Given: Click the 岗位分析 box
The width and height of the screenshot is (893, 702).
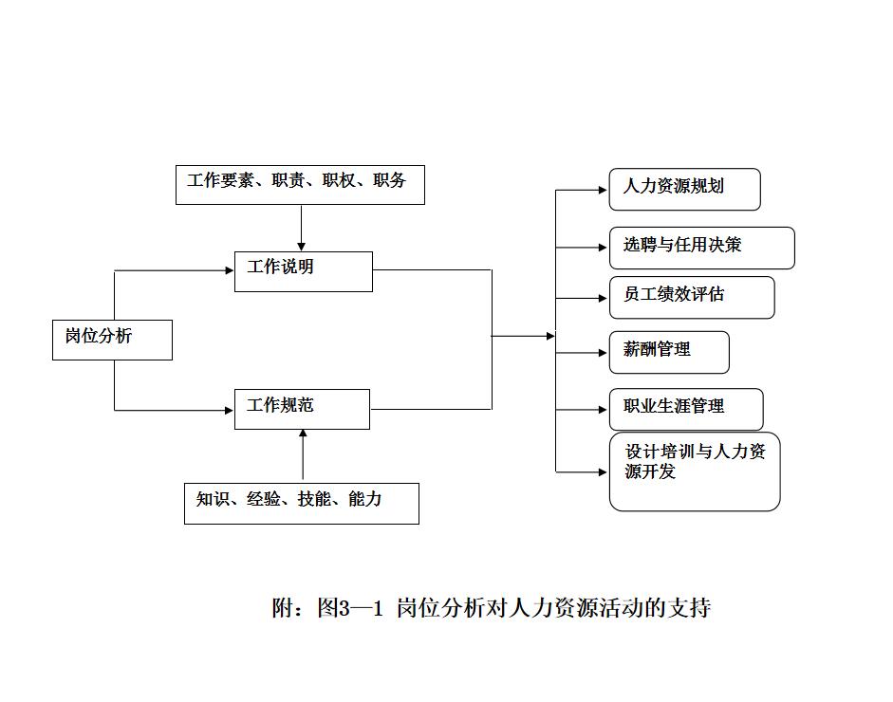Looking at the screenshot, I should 112,340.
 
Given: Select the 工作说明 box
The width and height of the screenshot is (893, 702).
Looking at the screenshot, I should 304,271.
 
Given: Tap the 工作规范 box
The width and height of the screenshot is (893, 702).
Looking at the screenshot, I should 302,409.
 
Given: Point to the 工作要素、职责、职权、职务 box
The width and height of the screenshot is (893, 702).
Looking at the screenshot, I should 300,184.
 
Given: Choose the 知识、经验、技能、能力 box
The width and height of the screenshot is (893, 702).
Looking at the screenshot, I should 301,503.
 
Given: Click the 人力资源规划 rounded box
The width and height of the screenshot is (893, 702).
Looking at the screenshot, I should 684,189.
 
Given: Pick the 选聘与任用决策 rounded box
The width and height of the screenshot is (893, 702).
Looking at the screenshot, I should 701,248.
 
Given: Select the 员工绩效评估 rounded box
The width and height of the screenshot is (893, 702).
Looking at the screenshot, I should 691,297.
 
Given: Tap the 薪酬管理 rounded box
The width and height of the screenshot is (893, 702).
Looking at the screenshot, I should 669,352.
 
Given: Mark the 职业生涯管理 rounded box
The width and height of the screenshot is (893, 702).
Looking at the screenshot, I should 685,409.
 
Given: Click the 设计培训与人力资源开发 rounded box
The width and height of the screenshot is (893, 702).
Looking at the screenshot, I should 694,471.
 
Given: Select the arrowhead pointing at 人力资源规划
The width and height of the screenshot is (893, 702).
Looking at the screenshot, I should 603,191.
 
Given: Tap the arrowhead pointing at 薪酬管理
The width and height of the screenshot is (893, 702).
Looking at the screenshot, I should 603,353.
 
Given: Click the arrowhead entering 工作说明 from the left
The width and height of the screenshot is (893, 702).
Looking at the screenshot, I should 229,270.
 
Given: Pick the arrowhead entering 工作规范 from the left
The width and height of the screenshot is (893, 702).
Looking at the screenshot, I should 229,410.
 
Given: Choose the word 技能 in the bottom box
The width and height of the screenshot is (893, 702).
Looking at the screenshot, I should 313,499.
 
